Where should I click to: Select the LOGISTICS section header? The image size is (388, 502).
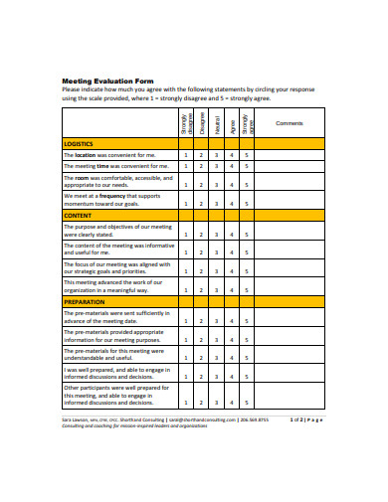coord(80,144)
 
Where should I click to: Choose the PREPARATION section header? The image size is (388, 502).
coord(84,300)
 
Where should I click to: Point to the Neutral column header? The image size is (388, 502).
coord(217,123)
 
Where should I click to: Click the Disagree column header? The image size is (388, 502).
coord(202,123)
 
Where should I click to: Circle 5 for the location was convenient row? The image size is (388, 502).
coord(247,155)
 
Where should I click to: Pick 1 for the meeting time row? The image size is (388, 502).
coord(186,167)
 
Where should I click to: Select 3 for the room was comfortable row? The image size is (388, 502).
coord(216,184)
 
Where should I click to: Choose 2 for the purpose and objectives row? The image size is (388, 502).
coord(201,233)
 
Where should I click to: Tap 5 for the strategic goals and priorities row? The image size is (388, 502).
coord(247,270)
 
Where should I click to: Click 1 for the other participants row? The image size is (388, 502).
coord(186,403)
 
